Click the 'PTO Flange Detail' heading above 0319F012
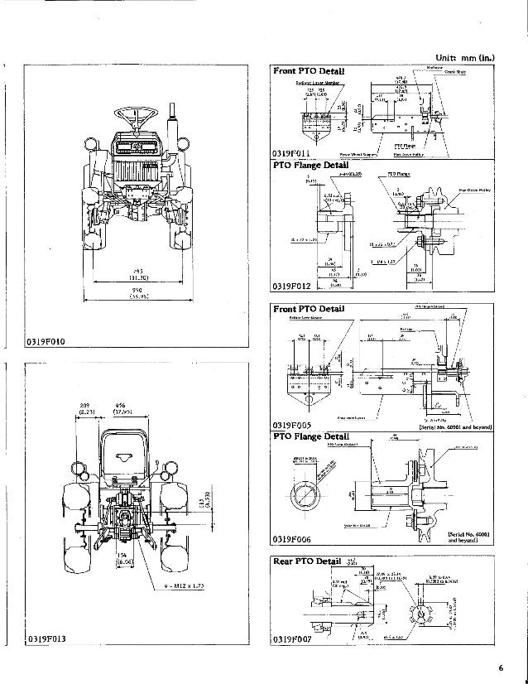click(x=314, y=166)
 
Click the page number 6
click(x=500, y=668)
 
